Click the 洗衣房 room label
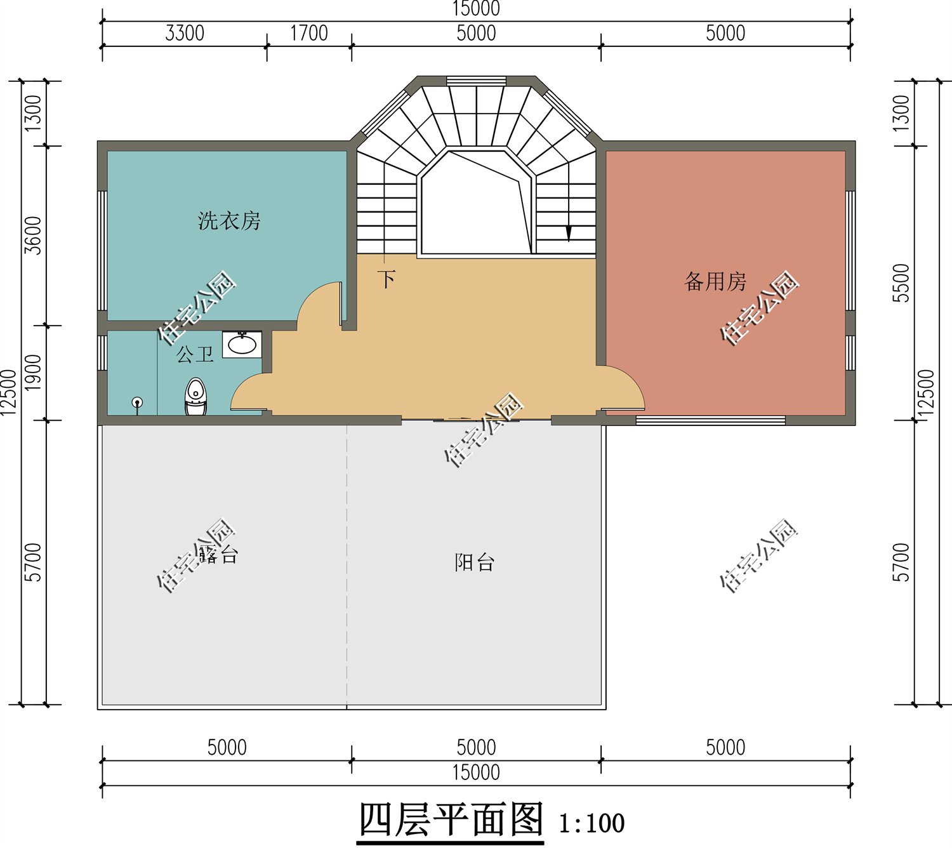click(x=229, y=221)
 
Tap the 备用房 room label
click(x=715, y=281)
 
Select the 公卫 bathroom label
click(x=195, y=354)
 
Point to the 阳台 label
click(x=474, y=562)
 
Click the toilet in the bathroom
click(x=195, y=397)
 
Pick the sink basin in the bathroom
click(x=242, y=345)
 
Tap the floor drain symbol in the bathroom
click(x=137, y=402)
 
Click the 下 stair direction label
click(x=387, y=279)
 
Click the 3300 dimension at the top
click(x=185, y=33)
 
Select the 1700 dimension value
click(x=309, y=33)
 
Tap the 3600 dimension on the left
click(x=33, y=235)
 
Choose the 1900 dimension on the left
click(x=33, y=373)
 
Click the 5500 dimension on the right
click(x=901, y=283)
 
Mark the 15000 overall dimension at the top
click(x=476, y=9)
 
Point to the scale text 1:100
click(x=592, y=823)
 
